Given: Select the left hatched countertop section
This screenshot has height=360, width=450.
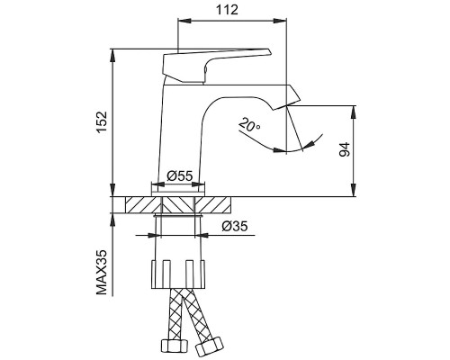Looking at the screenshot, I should click(x=143, y=203).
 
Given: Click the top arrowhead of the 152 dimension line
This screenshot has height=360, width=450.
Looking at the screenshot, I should click(x=113, y=53).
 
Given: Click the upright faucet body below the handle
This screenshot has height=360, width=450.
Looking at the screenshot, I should click(x=184, y=135).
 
